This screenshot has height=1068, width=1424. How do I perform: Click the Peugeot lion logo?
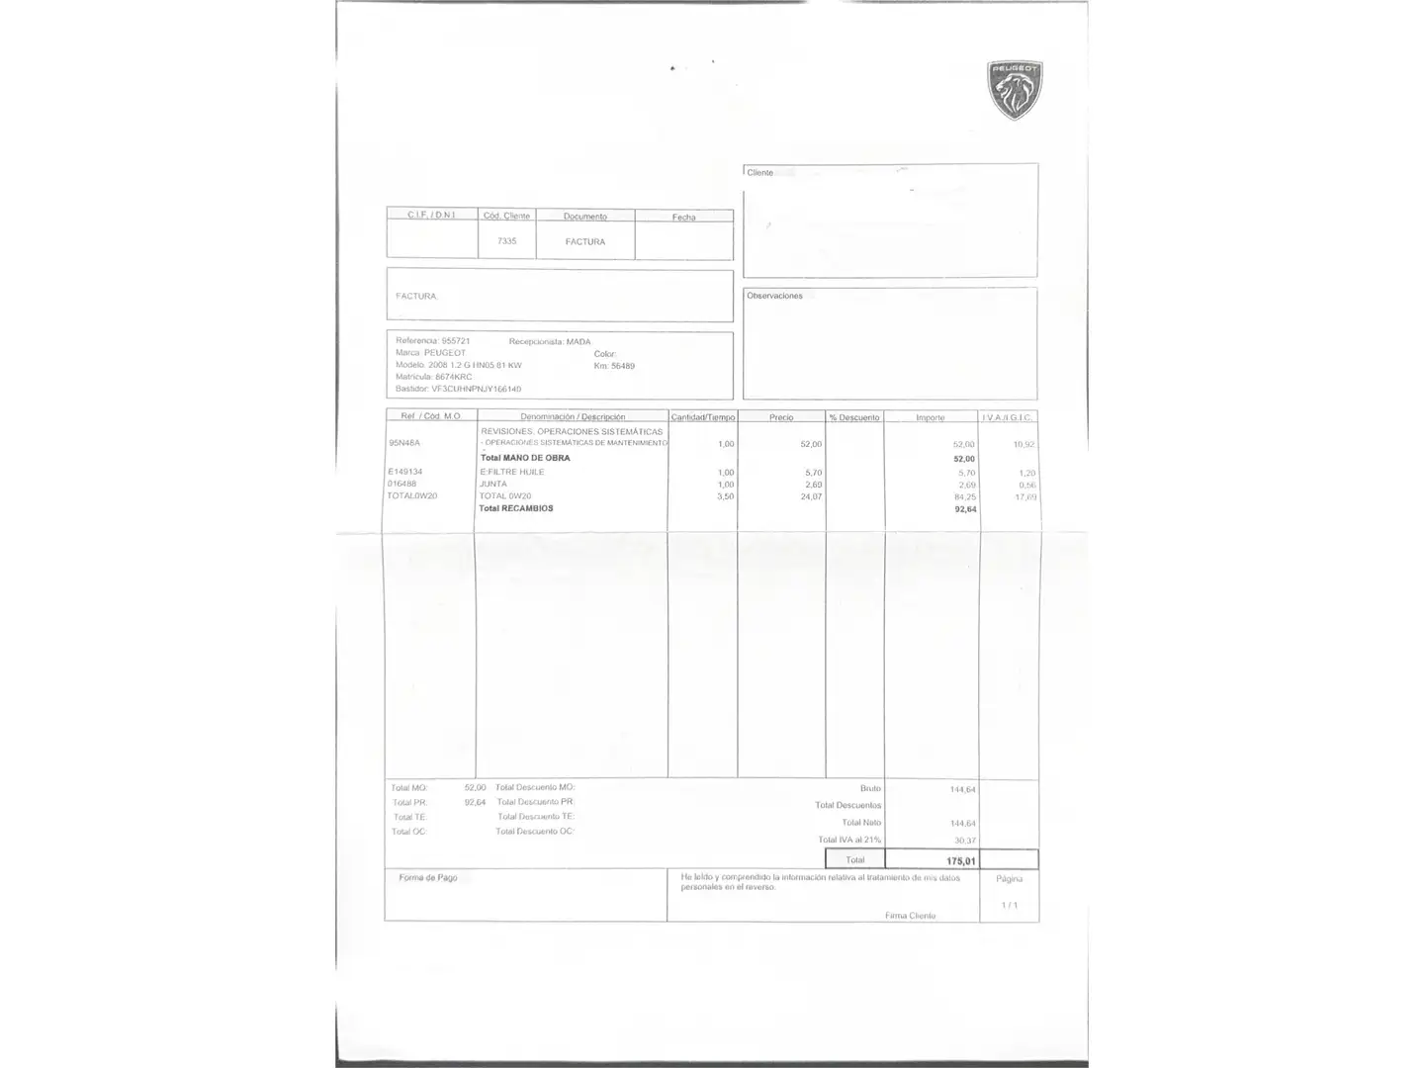coord(1015,90)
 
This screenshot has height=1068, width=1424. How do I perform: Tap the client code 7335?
coord(506,240)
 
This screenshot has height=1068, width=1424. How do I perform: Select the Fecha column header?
coord(683,217)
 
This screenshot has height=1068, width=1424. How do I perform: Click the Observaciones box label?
coord(774,296)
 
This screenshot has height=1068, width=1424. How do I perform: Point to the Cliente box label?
coord(759,173)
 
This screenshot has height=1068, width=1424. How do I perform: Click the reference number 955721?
coord(456,341)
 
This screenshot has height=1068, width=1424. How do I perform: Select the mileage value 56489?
coord(623,366)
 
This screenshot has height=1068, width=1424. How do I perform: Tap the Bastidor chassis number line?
coord(458,389)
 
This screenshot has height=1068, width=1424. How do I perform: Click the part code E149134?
coord(405,472)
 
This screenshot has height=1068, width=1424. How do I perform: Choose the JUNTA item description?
coord(493,484)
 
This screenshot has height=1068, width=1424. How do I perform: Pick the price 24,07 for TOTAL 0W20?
coord(811,496)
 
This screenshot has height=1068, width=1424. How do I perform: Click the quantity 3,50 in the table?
coord(725,496)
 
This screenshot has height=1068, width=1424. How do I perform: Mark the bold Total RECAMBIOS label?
coord(516,508)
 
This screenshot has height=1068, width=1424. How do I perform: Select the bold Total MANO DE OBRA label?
coord(525,458)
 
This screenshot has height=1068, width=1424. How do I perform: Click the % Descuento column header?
coord(854,417)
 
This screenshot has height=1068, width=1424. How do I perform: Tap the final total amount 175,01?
coord(960,860)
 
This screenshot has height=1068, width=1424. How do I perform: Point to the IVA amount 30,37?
coord(964,841)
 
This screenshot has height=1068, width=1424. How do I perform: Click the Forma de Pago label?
coord(428,878)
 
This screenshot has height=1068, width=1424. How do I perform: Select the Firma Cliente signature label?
coord(910,916)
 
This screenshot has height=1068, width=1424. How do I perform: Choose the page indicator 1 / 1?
coord(1009,905)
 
